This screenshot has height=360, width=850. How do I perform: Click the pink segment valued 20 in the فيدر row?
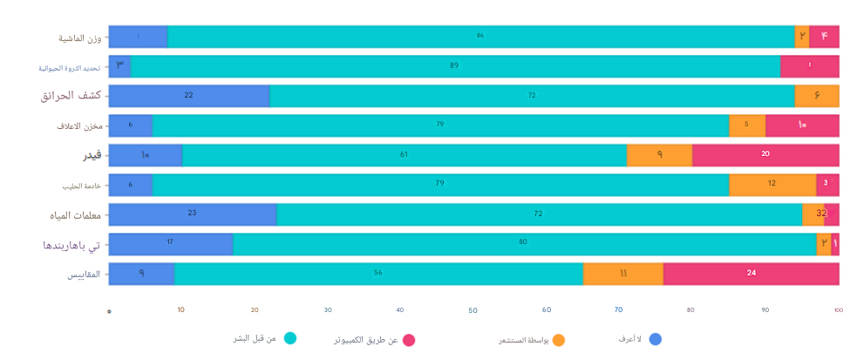click(x=765, y=155)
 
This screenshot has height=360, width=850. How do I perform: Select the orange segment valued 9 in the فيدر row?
click(x=660, y=155)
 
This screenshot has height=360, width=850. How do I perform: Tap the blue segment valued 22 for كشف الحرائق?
click(x=189, y=96)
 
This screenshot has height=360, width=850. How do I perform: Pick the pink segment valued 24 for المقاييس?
click(x=751, y=274)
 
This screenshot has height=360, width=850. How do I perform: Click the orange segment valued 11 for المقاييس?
click(x=623, y=274)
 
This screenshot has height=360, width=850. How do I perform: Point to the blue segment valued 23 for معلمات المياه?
click(x=193, y=214)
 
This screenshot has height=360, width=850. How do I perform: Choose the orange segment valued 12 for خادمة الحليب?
click(x=772, y=185)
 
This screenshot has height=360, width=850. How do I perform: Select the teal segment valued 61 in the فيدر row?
click(x=405, y=155)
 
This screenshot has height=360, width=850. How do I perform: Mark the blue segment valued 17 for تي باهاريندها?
click(x=171, y=244)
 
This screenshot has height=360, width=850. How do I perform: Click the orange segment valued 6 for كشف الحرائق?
click(x=817, y=96)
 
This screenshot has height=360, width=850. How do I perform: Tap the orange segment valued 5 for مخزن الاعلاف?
click(x=747, y=126)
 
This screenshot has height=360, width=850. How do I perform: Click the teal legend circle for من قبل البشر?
click(x=290, y=337)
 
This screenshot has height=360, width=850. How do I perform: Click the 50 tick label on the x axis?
click(x=473, y=310)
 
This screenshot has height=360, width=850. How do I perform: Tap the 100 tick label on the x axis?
click(x=838, y=310)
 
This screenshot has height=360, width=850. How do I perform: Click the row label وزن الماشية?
click(x=79, y=37)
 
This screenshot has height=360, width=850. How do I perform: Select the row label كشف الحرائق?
click(x=70, y=96)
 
